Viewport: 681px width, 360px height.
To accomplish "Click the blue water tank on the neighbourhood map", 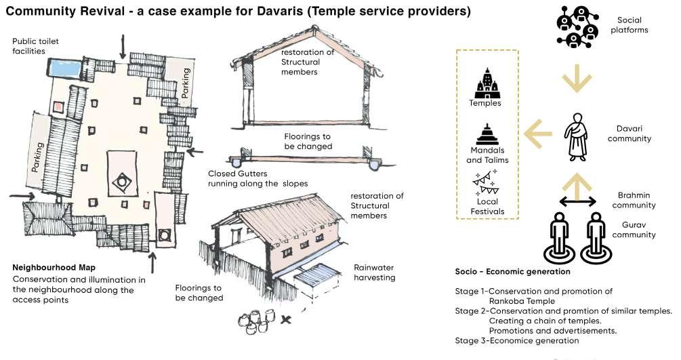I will (65, 68).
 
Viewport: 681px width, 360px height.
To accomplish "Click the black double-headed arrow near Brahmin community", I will (577, 201).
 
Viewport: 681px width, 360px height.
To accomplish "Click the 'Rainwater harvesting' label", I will (373, 272).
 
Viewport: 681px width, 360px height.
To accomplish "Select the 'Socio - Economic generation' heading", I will (512, 272).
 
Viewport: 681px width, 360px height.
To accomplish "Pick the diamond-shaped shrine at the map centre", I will (122, 181).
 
